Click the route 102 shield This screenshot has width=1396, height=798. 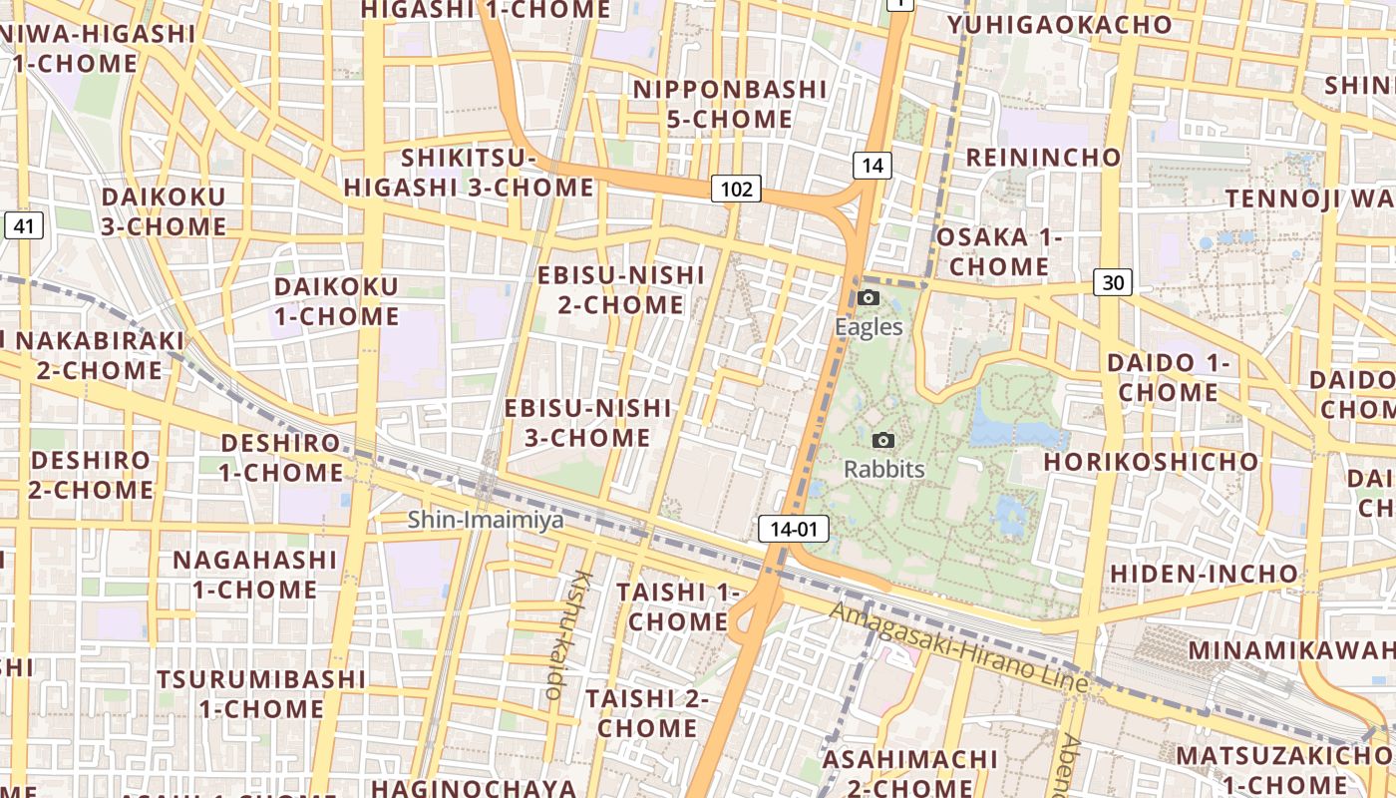[736, 189]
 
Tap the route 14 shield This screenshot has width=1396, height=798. [872, 166]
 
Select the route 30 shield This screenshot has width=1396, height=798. [1113, 282]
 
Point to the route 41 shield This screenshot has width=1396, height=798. [24, 226]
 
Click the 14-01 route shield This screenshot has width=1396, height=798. [794, 529]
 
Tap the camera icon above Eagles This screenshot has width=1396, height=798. [869, 297]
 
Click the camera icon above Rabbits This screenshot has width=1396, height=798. [882, 440]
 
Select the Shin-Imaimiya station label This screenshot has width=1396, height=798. [486, 520]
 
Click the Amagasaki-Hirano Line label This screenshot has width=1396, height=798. [958, 647]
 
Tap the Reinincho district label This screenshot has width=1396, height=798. [1043, 158]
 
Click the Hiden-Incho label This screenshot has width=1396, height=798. [1204, 574]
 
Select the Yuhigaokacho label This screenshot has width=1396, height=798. [1059, 25]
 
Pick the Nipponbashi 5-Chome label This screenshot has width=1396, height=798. [730, 104]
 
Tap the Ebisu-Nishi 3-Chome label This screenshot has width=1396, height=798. [588, 423]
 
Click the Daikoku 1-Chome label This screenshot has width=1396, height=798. [336, 301]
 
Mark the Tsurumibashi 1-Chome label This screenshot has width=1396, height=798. [261, 694]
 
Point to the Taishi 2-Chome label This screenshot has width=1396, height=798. [646, 712]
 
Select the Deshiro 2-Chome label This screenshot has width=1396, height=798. [92, 475]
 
